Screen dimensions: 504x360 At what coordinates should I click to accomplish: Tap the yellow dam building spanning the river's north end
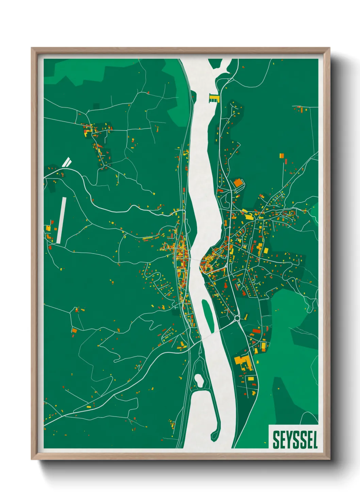(x=214, y=99)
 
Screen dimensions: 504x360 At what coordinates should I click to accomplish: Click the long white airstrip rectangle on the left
(x=62, y=220)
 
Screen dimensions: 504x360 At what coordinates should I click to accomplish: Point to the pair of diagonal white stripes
(x=67, y=162)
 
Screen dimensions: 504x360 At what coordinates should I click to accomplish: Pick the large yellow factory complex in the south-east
(x=242, y=361)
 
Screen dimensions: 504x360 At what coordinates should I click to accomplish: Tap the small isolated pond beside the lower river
(x=199, y=380)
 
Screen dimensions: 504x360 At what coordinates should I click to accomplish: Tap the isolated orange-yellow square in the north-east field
(x=282, y=156)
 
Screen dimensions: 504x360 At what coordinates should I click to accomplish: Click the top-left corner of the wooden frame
(x=32, y=48)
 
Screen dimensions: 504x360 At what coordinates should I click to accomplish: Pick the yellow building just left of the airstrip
(x=49, y=228)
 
